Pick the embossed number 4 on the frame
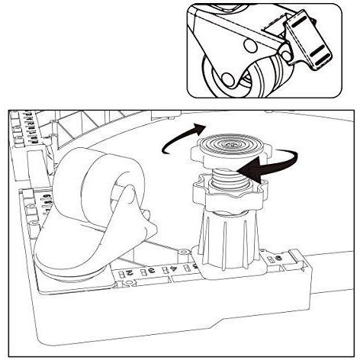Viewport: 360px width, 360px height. point(175,266)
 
